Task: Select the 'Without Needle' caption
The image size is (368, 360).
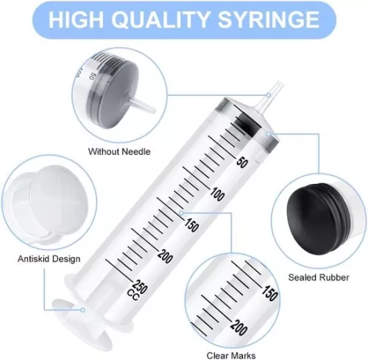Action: tap(119, 152)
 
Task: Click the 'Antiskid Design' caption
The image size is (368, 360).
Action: tap(49, 259)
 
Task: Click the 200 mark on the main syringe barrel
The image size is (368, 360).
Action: tap(164, 255)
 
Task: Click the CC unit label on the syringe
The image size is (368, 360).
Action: tap(132, 295)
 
